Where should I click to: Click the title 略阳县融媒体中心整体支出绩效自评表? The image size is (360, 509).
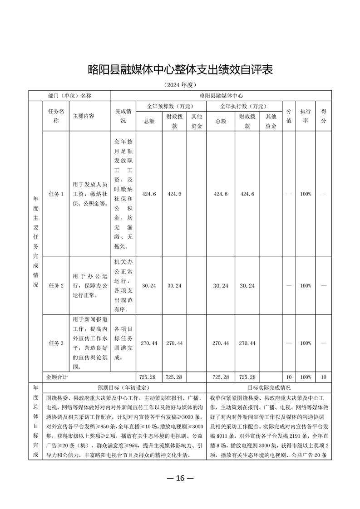pos(180,70)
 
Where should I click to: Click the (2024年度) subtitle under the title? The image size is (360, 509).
pos(180,85)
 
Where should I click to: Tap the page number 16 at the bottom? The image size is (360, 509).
pos(180,478)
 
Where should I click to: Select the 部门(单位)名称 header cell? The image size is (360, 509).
pos(69,96)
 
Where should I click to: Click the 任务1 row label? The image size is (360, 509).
pos(56,194)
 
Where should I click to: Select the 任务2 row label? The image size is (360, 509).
pos(56,286)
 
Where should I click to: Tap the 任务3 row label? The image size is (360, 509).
pos(56,343)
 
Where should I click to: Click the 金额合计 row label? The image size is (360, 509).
pos(58,377)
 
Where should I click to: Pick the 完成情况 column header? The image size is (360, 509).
pos(123,116)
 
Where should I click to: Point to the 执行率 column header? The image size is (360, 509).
pos(306,116)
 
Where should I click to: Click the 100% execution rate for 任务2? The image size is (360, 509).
pos(306,286)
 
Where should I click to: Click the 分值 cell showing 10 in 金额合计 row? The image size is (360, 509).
pos(289,377)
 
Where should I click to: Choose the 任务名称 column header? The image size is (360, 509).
pos(56,116)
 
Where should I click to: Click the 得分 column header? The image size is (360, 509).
pos(324,116)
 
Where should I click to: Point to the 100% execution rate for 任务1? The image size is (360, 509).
pos(306,194)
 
